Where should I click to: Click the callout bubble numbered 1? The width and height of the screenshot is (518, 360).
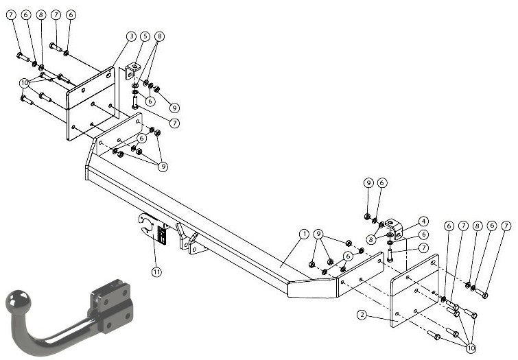tap(304, 234)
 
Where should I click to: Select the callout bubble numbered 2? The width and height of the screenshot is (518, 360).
tap(362, 315)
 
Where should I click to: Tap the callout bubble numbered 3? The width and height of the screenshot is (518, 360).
tap(132, 36)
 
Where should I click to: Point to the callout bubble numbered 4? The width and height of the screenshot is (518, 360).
tap(423, 221)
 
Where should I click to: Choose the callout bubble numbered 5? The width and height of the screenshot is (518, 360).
tap(145, 36)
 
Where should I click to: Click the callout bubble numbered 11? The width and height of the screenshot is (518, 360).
tap(156, 272)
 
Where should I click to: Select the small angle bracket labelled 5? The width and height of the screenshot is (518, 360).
tap(132, 71)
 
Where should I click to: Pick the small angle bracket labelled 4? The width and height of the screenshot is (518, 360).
tap(395, 228)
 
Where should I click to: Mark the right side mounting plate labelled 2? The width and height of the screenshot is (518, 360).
tap(415, 291)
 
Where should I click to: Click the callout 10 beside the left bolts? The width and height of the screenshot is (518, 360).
tap(24, 83)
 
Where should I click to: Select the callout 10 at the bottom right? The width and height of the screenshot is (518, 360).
tap(471, 348)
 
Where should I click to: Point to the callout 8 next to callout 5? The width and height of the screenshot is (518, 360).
tap(160, 36)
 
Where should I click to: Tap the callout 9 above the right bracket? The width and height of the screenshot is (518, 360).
tap(368, 183)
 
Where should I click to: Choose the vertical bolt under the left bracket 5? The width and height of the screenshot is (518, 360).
tap(134, 102)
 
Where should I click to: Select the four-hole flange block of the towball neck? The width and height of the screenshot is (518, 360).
tap(111, 306)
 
